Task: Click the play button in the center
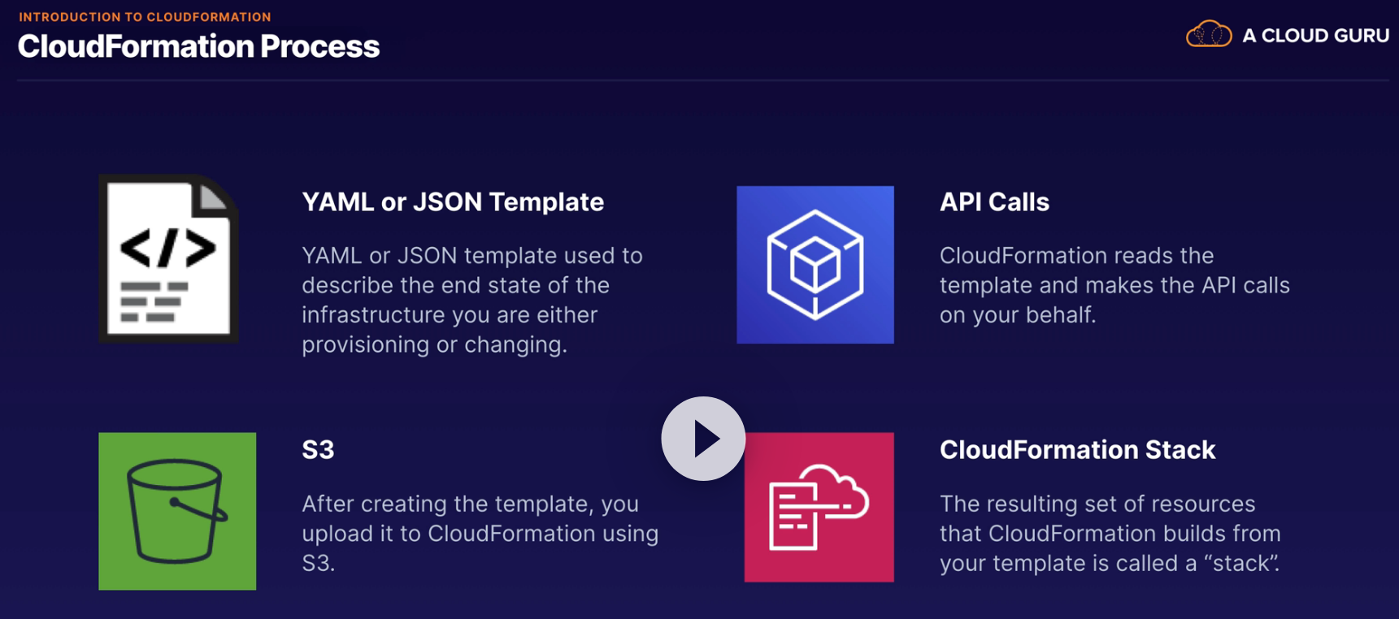click(703, 439)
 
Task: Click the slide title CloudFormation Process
click(198, 46)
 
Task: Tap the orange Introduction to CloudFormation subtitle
click(145, 16)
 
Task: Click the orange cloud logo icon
click(1209, 34)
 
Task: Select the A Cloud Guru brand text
click(1315, 36)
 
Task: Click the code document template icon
click(168, 258)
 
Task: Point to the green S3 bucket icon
click(177, 511)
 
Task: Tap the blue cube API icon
click(815, 265)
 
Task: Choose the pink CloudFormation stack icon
click(819, 507)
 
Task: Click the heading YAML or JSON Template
click(453, 201)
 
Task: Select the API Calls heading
click(994, 201)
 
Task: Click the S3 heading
click(318, 449)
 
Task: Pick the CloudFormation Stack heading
click(1077, 449)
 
